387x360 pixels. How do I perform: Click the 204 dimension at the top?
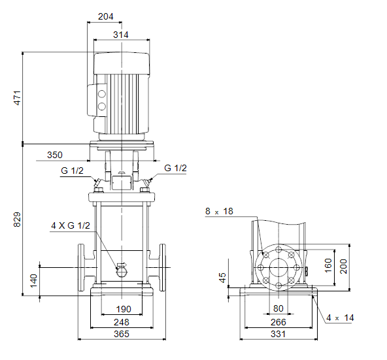(x=106, y=16)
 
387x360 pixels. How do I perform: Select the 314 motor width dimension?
(x=121, y=35)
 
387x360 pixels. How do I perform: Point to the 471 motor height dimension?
(x=17, y=98)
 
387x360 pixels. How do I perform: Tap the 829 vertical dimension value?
(x=17, y=220)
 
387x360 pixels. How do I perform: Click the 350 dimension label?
(x=55, y=155)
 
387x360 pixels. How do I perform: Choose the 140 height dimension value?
(x=33, y=280)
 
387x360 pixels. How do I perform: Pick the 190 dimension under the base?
(x=124, y=309)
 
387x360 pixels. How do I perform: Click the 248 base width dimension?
(x=122, y=322)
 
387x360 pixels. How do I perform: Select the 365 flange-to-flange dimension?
(x=122, y=334)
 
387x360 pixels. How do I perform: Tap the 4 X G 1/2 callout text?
(x=71, y=225)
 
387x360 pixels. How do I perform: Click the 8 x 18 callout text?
(x=219, y=211)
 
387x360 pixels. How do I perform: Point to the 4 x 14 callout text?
(x=340, y=318)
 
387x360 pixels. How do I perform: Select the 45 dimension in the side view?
(x=222, y=278)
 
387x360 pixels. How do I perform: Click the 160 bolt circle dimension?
(x=328, y=265)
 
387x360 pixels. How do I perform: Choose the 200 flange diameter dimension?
(x=343, y=267)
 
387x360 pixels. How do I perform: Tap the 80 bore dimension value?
(x=278, y=308)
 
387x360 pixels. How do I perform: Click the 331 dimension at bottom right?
(x=278, y=334)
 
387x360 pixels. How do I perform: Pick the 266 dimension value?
(x=278, y=322)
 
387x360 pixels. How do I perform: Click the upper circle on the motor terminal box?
(x=102, y=94)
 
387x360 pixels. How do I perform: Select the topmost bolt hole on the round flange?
(x=278, y=250)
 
